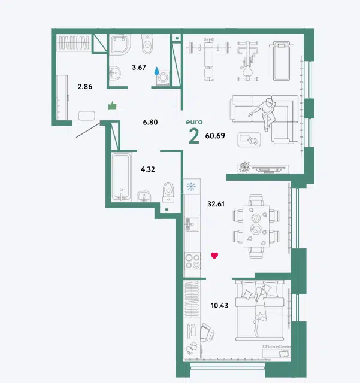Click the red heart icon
point(214,256)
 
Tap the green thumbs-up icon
point(112,105)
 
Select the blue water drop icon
point(156,71)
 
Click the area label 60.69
point(215,136)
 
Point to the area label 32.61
point(216,203)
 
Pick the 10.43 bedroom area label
point(219,305)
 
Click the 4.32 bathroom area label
point(148,169)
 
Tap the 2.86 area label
point(85,86)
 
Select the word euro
point(194,122)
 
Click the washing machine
point(163,78)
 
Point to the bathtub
point(122,177)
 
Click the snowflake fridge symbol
point(191,186)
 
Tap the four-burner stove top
point(192,261)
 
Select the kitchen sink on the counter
point(192,224)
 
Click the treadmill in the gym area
point(282,61)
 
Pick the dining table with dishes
point(256,226)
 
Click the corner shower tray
point(120,44)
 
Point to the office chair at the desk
point(207,333)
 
